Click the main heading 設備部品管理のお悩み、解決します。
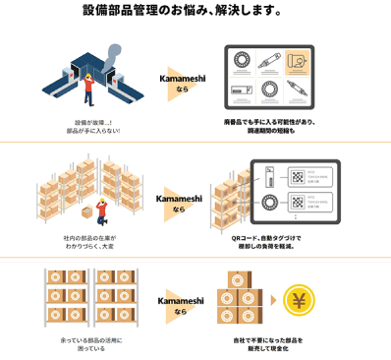195,13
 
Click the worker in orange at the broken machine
87,90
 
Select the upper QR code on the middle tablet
295,179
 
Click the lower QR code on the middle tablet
295,209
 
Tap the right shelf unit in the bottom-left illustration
116,299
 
